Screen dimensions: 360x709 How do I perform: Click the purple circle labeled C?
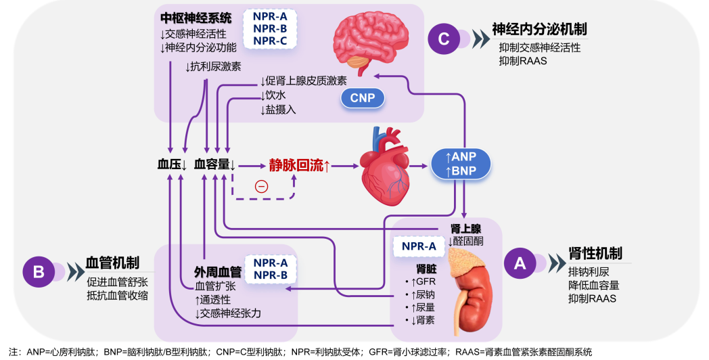444,39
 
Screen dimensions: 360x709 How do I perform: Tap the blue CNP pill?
363,99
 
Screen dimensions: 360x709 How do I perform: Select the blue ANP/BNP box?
461,164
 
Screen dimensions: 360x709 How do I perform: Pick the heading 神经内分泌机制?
539,29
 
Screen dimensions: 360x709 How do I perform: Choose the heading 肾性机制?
595,253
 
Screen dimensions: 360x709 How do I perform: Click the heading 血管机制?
113,262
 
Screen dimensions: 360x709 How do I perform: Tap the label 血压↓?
172,164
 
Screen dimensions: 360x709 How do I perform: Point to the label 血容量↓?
214,164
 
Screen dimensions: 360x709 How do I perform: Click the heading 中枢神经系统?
196,17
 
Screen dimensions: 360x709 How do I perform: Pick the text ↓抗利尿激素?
213,66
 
